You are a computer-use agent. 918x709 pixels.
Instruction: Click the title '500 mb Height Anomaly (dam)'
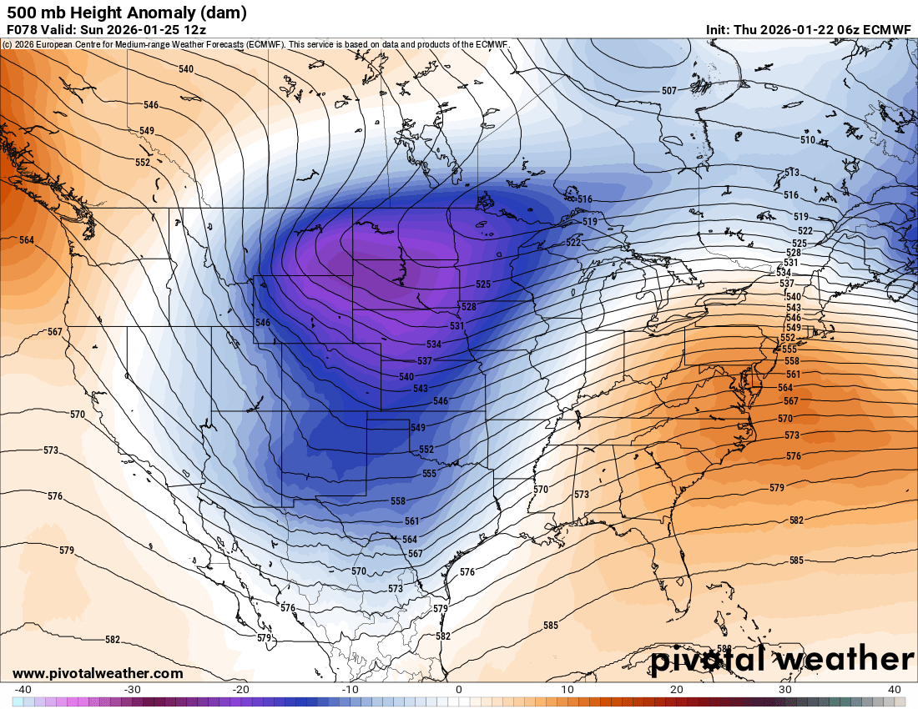tap(126, 13)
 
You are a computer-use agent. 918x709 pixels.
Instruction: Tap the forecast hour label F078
tap(23, 29)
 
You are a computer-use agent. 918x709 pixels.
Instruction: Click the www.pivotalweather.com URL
tap(98, 673)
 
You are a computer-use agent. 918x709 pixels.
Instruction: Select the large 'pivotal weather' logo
tap(782, 660)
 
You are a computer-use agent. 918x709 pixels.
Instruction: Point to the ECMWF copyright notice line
tap(255, 43)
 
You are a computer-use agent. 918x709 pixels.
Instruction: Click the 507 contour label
tap(668, 91)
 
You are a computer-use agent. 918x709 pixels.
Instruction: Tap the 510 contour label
tap(808, 140)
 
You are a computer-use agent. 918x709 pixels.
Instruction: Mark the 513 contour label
tap(792, 173)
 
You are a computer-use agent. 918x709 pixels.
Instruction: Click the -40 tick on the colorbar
tap(23, 690)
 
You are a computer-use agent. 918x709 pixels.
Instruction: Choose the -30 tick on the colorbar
tap(132, 690)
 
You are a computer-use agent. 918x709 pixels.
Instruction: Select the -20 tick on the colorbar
tap(240, 690)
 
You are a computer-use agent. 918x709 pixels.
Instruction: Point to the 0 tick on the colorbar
tap(459, 690)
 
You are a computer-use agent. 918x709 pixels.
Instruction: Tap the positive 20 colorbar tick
tap(677, 690)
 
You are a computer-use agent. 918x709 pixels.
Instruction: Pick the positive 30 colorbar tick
tap(786, 690)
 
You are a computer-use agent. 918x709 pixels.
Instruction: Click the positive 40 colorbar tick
tap(895, 690)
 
